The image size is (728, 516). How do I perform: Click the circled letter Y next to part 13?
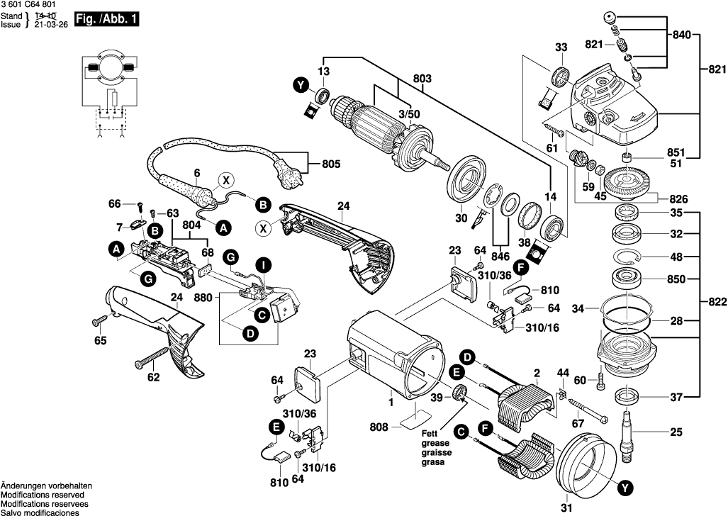[x=302, y=86]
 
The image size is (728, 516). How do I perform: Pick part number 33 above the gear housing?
[x=561, y=47]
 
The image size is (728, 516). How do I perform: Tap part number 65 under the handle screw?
[x=101, y=342]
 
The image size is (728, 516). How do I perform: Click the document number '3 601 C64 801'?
[x=28, y=5]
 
